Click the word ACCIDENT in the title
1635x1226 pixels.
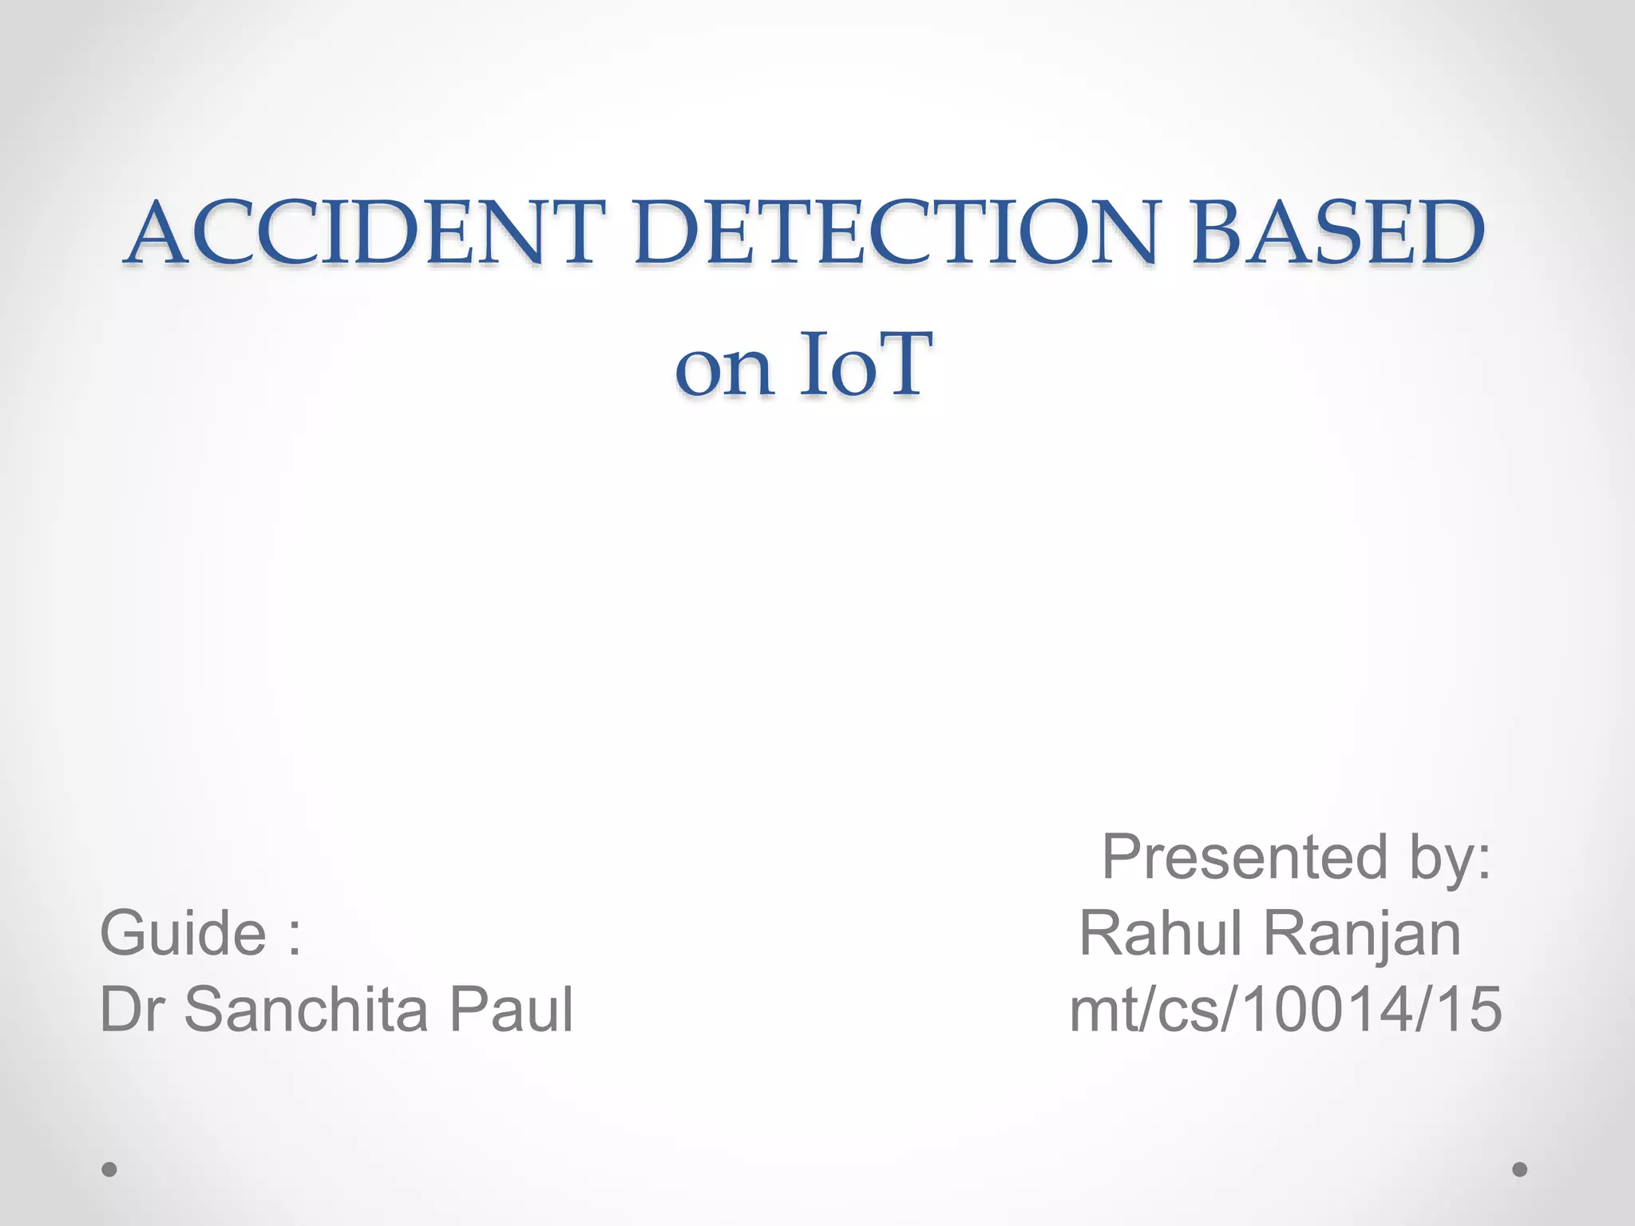364,232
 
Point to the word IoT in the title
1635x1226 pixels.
865,366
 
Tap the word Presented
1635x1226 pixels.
1245,857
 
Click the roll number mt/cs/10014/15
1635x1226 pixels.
1285,1010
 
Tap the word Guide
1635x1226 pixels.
183,934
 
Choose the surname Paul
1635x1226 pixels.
511,1010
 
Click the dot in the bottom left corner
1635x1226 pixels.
110,1169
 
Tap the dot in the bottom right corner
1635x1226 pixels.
1520,1169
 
